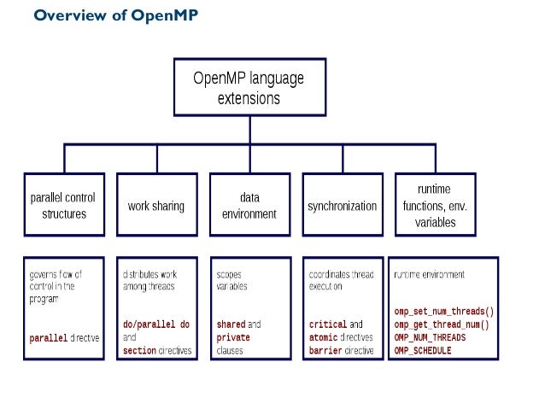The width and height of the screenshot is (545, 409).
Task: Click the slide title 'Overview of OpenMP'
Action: (x=115, y=15)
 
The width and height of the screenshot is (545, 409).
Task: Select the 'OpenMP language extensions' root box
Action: (x=249, y=88)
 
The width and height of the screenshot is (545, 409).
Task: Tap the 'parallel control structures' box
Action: (x=64, y=206)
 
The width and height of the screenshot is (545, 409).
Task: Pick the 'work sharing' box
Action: (x=155, y=206)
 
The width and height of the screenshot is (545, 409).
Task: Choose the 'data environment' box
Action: (x=249, y=206)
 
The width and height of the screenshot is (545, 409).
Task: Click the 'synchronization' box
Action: (x=342, y=206)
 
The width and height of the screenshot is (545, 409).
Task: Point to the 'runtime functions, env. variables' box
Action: (x=436, y=206)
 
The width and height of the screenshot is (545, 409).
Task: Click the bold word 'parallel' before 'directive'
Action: (x=50, y=337)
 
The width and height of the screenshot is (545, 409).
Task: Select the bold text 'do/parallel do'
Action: (x=156, y=324)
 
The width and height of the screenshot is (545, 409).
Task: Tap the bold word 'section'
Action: (x=140, y=350)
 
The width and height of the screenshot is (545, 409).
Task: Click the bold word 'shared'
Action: (x=231, y=324)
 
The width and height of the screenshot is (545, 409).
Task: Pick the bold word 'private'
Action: (x=233, y=337)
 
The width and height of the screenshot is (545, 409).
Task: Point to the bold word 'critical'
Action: (x=328, y=324)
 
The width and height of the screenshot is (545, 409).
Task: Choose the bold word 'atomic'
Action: (x=325, y=337)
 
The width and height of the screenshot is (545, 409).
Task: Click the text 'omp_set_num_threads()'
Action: (x=444, y=312)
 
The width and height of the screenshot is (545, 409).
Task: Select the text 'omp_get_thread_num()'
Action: (x=441, y=324)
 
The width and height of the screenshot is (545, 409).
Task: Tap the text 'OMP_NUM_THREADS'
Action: (x=430, y=337)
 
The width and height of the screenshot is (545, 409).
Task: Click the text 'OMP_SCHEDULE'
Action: (x=423, y=350)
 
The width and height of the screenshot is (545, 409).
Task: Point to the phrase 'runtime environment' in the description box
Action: (x=429, y=275)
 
